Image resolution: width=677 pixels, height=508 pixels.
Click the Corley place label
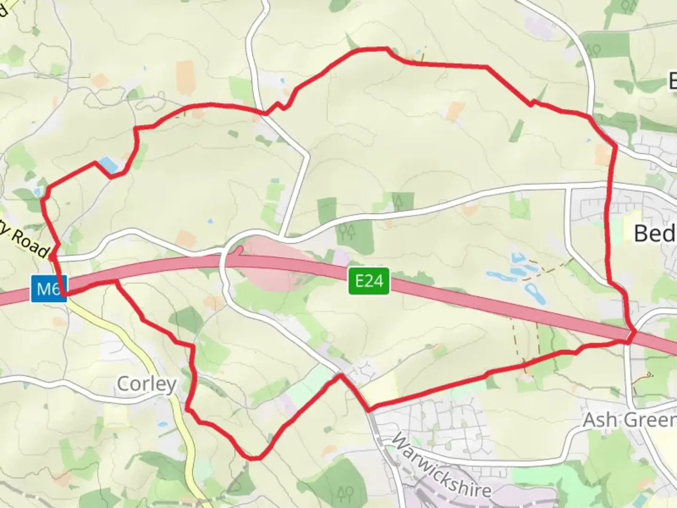[146, 384]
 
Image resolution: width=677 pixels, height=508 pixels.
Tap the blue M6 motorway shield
[49, 288]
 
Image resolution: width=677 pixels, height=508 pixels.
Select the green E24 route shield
[369, 281]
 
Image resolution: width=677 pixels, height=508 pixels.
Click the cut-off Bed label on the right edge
[655, 233]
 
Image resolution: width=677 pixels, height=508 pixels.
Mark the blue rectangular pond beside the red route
[108, 164]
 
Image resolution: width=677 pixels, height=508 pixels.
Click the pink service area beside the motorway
[273, 263]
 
